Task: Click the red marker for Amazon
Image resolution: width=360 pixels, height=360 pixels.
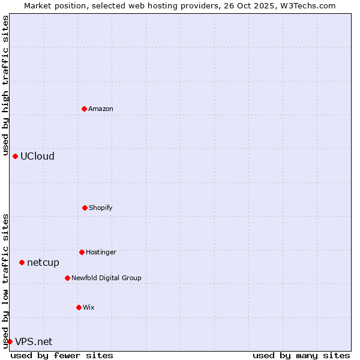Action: click(84, 109)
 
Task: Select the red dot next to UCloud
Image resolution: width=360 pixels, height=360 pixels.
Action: click(15, 156)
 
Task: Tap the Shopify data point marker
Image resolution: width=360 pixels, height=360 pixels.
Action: click(85, 208)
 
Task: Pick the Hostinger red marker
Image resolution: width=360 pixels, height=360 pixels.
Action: click(82, 252)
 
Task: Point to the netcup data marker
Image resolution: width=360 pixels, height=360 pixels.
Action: click(22, 262)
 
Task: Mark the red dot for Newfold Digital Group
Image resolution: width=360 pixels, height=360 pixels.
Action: click(67, 278)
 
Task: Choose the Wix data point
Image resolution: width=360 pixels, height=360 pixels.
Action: click(79, 307)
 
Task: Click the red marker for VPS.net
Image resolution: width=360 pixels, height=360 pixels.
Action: click(10, 341)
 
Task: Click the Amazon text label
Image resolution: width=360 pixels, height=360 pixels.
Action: click(101, 109)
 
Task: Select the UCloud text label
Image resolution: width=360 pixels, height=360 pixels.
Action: click(37, 157)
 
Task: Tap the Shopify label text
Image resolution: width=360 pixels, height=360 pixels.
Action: click(101, 208)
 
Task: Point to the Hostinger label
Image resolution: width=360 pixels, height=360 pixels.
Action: click(101, 252)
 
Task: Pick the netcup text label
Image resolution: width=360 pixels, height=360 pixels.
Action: click(43, 263)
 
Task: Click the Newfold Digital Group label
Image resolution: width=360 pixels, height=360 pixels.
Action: click(106, 278)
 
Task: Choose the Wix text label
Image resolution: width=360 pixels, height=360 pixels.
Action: click(89, 307)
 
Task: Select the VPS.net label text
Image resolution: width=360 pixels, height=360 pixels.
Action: click(34, 342)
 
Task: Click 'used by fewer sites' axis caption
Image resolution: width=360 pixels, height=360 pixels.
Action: click(62, 355)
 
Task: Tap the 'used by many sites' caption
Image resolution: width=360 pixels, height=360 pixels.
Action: click(301, 355)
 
